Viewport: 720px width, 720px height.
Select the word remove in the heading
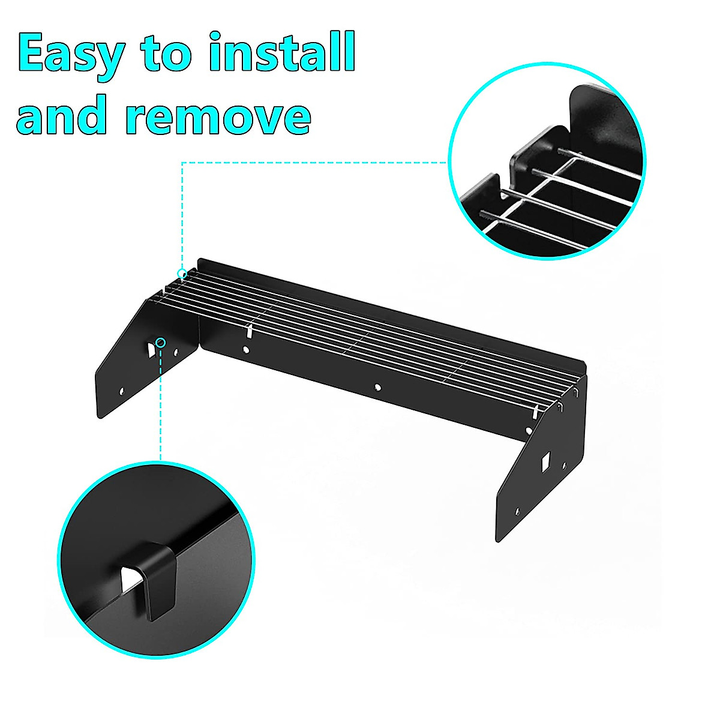coord(220,115)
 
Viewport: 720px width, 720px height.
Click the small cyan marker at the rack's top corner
coord(182,274)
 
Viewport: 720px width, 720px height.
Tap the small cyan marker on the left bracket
coord(160,342)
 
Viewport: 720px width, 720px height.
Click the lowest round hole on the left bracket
coord(122,391)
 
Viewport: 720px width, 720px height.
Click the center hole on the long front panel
coord(376,387)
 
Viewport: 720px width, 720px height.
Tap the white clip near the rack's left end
coord(248,331)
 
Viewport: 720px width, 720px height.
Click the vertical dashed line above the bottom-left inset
coord(160,408)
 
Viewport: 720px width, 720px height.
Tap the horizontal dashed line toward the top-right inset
coord(312,162)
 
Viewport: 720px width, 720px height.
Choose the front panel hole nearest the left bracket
coord(245,349)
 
